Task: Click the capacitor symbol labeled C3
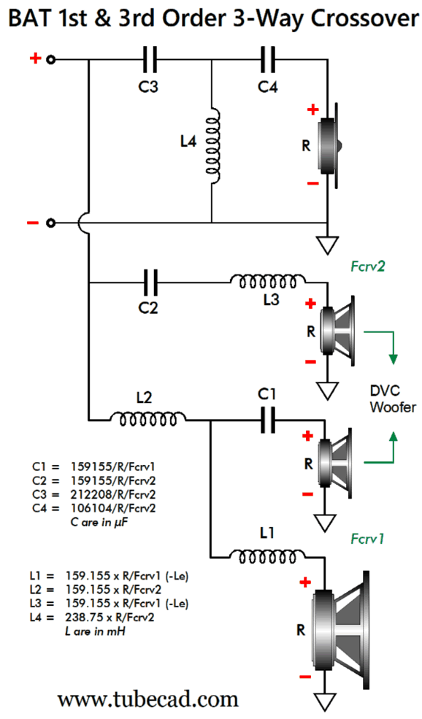[150, 60]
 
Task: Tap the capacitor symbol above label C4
[268, 60]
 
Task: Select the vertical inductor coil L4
[212, 146]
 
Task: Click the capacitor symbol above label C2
[150, 282]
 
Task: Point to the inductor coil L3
[268, 282]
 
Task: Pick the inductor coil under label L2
[147, 418]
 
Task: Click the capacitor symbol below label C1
[268, 420]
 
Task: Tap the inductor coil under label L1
[267, 556]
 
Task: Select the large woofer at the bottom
[341, 630]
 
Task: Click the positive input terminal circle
[51, 60]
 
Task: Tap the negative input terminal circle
[51, 223]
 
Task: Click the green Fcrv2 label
[367, 266]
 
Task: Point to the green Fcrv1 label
[367, 538]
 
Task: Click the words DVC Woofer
[393, 399]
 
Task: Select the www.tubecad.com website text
[147, 700]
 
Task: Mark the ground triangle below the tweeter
[328, 245]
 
